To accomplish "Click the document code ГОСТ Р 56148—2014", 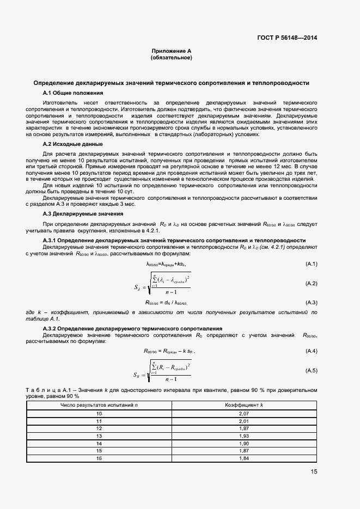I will (288, 38).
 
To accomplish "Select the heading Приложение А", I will (172, 51).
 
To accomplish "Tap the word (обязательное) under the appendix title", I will (172, 58).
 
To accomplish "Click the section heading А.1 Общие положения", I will (69, 93).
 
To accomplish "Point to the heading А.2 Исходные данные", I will (72, 144).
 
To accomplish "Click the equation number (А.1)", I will (311, 264).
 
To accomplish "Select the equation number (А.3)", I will (311, 302).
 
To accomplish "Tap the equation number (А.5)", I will (311, 370).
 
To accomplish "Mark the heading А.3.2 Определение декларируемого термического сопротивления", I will (132, 329).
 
